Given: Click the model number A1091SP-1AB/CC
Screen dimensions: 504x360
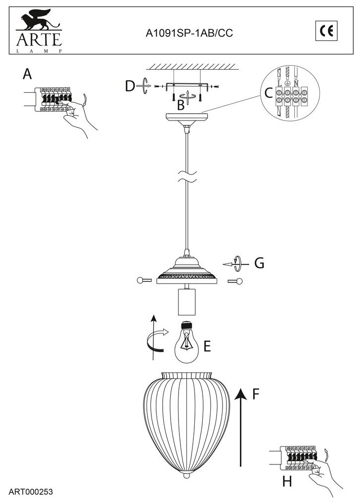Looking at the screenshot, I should pos(189,33).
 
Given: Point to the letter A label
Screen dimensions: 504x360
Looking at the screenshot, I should pos(27,74).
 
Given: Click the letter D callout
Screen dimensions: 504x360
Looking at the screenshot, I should pos(130,86).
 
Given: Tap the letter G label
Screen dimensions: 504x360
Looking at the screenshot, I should pos(259,263).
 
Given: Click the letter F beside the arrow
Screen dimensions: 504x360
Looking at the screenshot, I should pos(256,394).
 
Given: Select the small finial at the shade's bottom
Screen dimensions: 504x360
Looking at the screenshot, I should pos(186,477).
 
